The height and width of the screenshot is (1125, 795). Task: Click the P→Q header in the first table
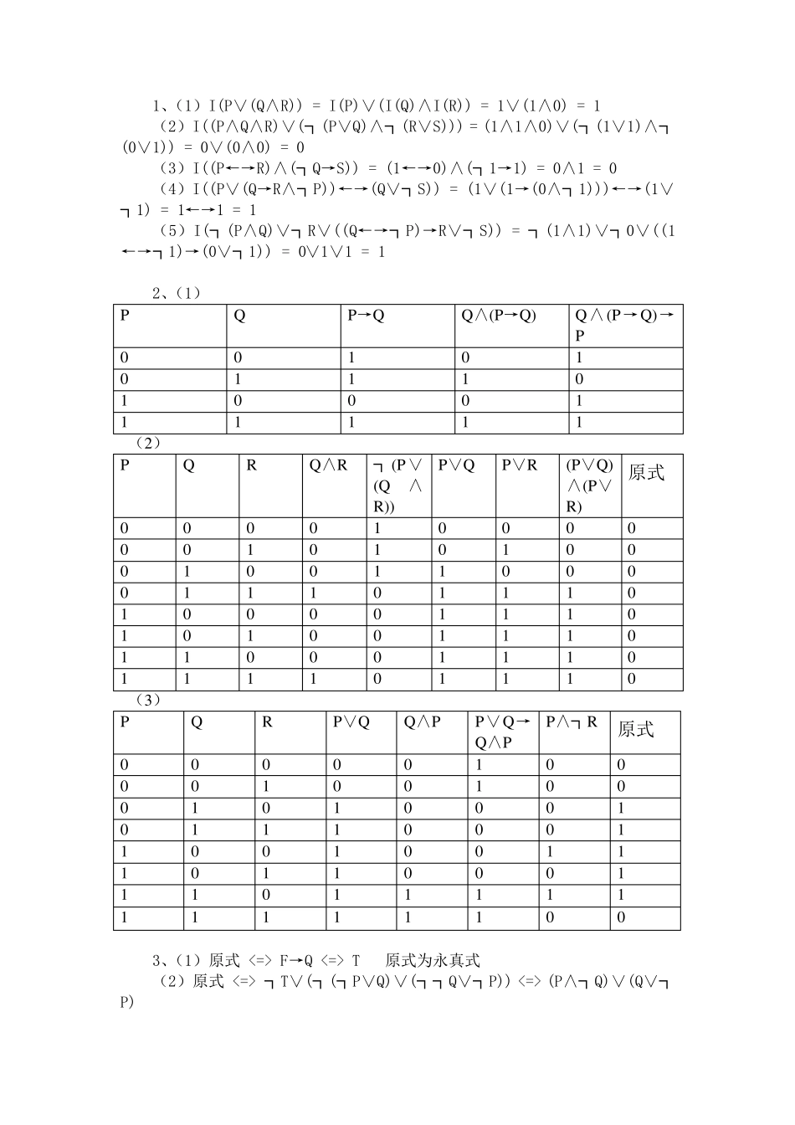point(366,316)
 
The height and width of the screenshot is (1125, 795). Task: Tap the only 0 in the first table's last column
point(579,379)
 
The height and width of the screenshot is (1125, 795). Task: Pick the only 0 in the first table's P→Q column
point(351,401)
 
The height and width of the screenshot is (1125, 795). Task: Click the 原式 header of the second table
point(645,473)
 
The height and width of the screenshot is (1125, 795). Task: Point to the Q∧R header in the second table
point(328,465)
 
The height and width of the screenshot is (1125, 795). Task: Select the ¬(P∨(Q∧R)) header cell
point(397,485)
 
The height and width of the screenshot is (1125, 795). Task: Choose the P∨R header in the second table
point(519,465)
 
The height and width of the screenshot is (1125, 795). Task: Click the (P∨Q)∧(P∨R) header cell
point(590,485)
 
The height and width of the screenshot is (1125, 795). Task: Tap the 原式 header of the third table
point(635,730)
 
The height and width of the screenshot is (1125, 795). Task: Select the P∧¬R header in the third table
point(572,722)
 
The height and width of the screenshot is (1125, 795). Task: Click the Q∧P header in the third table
point(422,722)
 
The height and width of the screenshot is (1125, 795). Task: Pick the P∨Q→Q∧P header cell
point(502,732)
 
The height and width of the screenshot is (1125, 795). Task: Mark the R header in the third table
point(267,722)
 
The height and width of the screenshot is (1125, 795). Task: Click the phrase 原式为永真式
point(433,960)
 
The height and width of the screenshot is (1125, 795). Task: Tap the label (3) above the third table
point(147,700)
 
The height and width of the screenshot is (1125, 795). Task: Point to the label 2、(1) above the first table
point(177,293)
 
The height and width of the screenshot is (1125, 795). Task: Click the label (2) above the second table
point(147,443)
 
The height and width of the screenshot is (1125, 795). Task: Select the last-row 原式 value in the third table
point(621,918)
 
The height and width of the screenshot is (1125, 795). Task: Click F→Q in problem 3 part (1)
point(295,960)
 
